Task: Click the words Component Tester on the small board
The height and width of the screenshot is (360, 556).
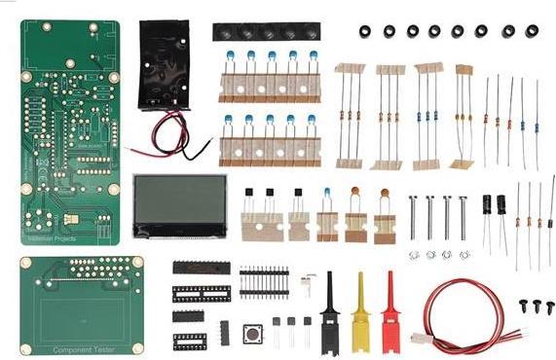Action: tap(81, 346)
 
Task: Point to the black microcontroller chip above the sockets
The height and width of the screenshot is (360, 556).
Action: tap(203, 267)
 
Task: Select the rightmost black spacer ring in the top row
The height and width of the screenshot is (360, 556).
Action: tap(532, 31)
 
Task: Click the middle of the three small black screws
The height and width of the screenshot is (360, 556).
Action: tap(534, 306)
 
